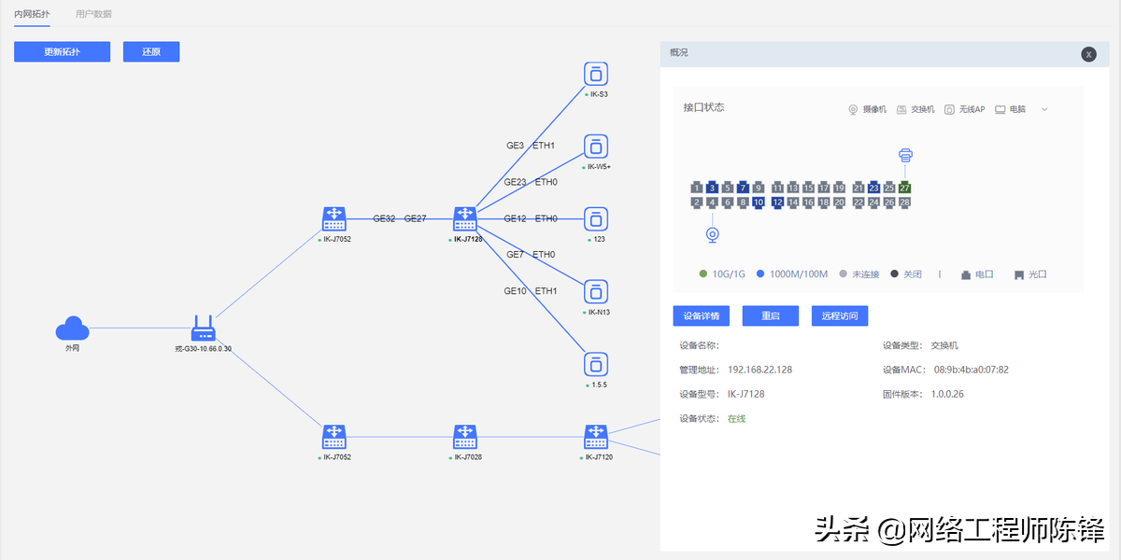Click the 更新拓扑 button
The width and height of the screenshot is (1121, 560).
point(62,52)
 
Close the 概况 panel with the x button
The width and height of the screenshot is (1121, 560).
point(1088,54)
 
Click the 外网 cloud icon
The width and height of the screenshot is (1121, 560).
point(72,329)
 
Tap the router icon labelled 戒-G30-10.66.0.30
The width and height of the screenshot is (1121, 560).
point(203,329)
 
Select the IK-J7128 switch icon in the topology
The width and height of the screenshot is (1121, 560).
point(465,219)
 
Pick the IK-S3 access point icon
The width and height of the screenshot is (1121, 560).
point(596,74)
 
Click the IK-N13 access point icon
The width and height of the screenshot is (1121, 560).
point(596,291)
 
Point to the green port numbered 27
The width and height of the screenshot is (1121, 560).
point(904,188)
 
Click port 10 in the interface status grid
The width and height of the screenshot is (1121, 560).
point(758,202)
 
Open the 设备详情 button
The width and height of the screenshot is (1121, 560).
point(701,315)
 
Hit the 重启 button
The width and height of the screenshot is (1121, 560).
point(770,315)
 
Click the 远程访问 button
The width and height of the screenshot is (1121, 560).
point(839,315)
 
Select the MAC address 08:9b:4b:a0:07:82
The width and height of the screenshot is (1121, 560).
point(971,370)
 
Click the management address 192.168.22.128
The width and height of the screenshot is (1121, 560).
point(759,370)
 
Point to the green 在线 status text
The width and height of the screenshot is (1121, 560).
point(736,418)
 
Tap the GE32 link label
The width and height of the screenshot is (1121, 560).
point(384,218)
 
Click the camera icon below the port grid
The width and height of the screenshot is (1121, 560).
point(713,233)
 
